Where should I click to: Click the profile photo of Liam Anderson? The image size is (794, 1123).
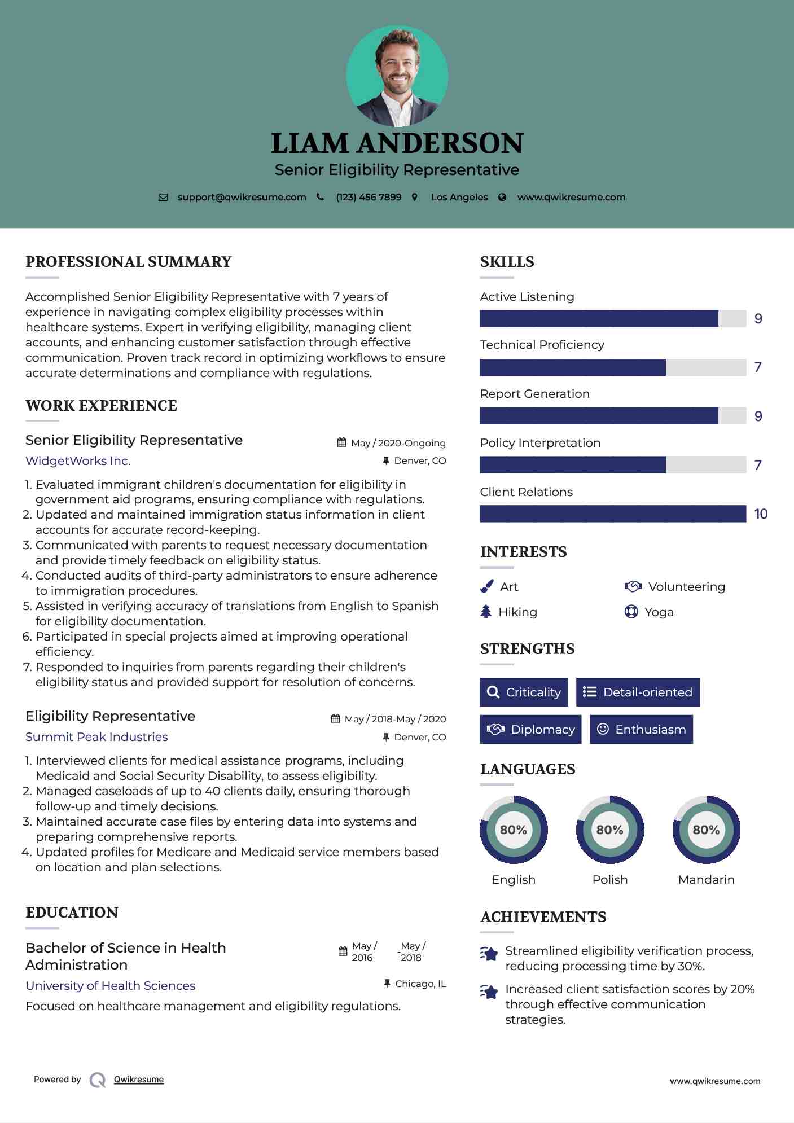click(397, 76)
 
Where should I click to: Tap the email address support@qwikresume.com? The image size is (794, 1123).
click(242, 197)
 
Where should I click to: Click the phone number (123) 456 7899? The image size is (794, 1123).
click(369, 197)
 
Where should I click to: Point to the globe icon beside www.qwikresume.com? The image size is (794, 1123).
click(502, 197)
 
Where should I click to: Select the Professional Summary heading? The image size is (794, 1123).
click(129, 262)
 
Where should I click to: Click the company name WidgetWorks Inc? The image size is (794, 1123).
click(78, 461)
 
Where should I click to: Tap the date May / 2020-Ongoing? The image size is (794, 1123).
click(398, 443)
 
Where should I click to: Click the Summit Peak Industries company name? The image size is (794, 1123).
click(96, 737)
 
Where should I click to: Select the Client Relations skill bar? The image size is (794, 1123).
click(613, 514)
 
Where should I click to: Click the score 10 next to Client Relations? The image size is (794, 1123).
click(761, 514)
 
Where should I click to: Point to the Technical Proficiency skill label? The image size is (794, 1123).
click(542, 345)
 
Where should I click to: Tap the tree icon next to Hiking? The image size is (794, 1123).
click(486, 612)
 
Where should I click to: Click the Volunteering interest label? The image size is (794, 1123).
click(686, 587)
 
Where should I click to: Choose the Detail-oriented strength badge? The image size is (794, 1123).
click(638, 692)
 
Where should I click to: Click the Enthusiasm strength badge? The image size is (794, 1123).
click(641, 729)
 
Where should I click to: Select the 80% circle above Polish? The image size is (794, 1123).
click(609, 830)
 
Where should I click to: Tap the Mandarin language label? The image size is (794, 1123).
click(706, 880)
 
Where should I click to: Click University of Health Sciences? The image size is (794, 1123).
click(111, 986)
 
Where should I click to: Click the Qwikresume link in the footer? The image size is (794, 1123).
click(139, 1080)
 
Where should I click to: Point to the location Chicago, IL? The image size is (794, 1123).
click(420, 984)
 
